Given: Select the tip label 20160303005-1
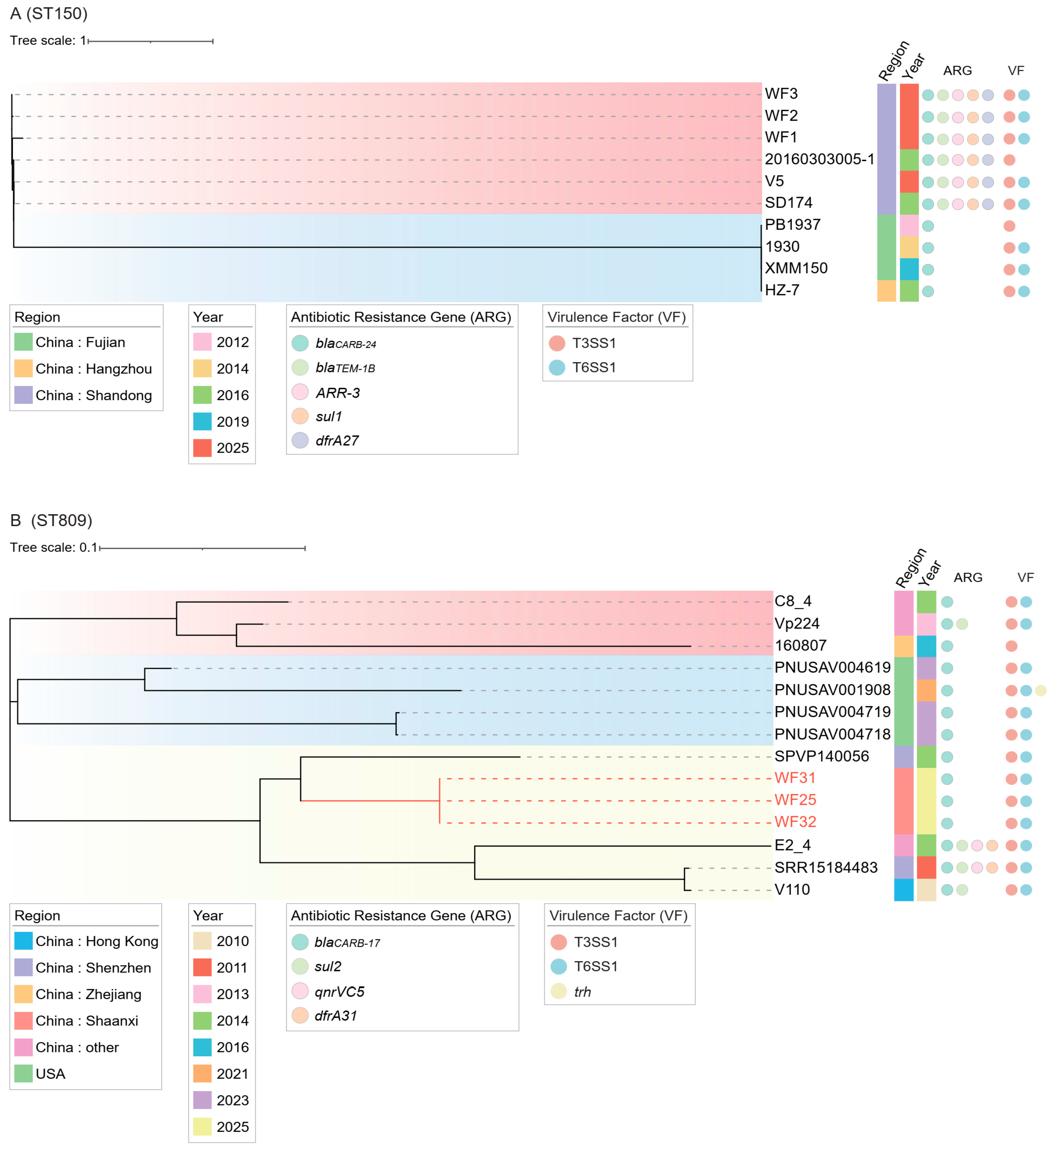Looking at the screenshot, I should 819,159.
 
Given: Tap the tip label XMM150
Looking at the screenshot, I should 796,268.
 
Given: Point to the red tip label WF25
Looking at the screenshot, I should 795,800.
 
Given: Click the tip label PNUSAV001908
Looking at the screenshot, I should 832,690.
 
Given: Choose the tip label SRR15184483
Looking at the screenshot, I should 825,868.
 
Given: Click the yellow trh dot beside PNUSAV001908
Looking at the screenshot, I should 1040,690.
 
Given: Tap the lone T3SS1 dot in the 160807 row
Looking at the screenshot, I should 1011,646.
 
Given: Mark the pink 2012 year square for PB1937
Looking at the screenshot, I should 909,225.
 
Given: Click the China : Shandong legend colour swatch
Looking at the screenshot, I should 24,395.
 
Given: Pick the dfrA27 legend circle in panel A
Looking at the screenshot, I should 300,440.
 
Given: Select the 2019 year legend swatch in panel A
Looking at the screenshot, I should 202,422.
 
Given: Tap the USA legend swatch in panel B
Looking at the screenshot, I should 24,1073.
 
